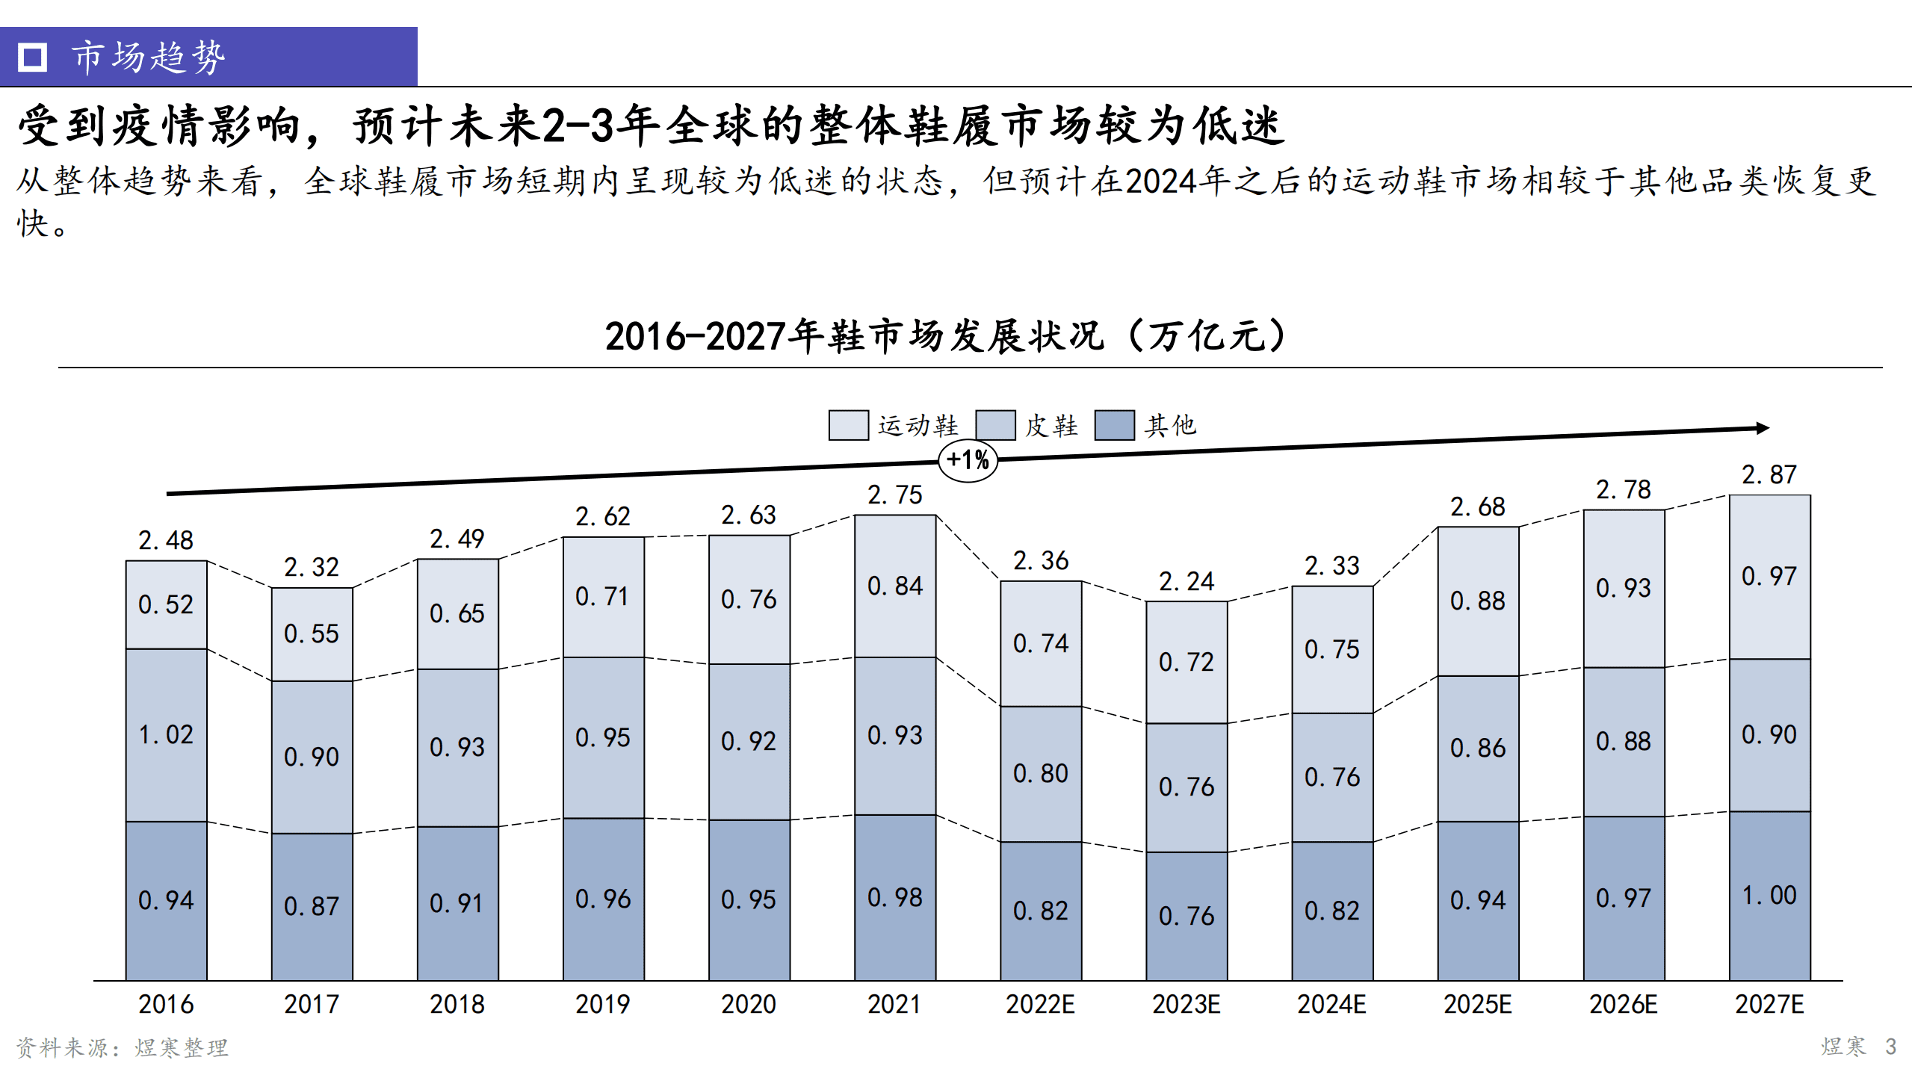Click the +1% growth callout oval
(968, 460)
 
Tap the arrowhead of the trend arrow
(1763, 428)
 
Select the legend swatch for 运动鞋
(848, 425)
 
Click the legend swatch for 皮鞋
(995, 425)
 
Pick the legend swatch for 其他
(1114, 425)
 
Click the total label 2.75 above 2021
(894, 495)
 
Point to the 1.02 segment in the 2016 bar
(166, 734)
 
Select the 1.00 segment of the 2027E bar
(1769, 895)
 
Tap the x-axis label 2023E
(1186, 1004)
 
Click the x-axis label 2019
(602, 1004)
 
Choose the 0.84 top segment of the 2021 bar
(894, 586)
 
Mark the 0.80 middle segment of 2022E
(1040, 773)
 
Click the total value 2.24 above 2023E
(1186, 581)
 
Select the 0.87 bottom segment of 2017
(312, 906)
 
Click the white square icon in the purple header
(32, 57)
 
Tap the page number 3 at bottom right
(1890, 1046)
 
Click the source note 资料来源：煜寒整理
(123, 1047)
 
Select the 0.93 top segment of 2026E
(1623, 588)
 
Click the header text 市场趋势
(148, 57)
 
